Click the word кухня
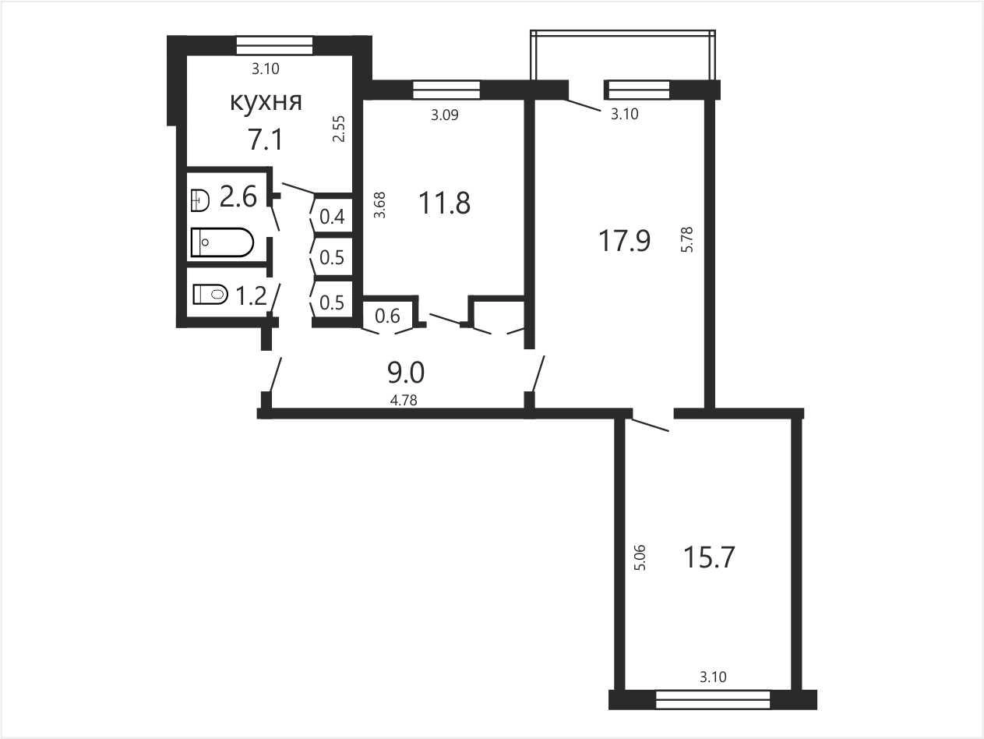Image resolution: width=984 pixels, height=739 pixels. tap(266, 103)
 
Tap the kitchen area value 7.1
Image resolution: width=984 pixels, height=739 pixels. tap(266, 139)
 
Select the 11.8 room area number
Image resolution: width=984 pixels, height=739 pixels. tap(444, 203)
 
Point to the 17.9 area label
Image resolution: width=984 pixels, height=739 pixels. tap(625, 241)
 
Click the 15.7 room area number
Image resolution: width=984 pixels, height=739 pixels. tap(709, 557)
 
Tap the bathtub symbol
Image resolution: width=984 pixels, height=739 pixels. tap(222, 242)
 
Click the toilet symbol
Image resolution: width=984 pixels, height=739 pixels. tap(210, 294)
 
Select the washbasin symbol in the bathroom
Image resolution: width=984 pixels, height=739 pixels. tap(200, 200)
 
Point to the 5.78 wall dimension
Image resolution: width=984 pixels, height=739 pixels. tap(687, 240)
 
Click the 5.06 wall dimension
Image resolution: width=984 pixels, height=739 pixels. tap(640, 557)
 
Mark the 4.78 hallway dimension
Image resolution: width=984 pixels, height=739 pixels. tap(404, 401)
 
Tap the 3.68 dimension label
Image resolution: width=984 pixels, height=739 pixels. tap(379, 205)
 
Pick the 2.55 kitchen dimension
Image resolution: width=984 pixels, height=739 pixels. tap(339, 129)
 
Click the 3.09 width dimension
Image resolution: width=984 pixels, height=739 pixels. tap(445, 115)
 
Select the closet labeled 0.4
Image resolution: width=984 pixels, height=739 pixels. tap(332, 217)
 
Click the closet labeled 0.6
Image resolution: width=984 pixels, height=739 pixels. tap(387, 316)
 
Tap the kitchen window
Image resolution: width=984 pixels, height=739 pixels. tap(274, 46)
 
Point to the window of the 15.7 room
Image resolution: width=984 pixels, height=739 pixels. tap(713, 700)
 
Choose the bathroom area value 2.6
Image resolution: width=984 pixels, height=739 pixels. tap(238, 197)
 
